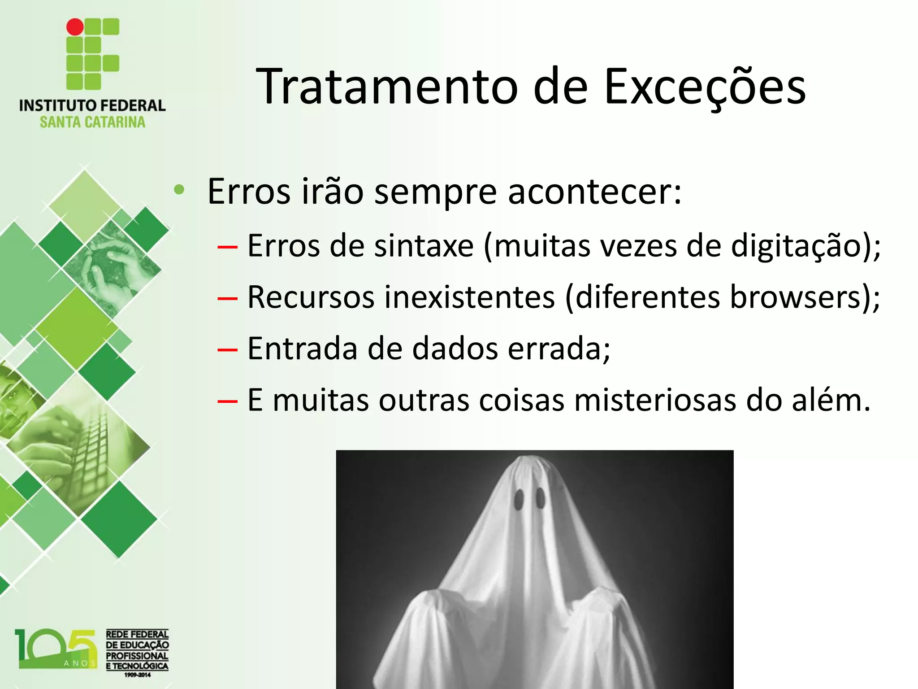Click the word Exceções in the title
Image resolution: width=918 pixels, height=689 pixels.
click(x=705, y=86)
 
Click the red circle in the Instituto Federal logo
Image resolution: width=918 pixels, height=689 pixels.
click(x=75, y=27)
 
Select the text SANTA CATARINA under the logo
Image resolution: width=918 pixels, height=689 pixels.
click(x=92, y=122)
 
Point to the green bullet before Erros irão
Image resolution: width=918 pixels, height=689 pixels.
click(x=179, y=190)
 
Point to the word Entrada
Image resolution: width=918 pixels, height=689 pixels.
click(x=302, y=349)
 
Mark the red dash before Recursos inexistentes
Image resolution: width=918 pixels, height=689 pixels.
click(x=227, y=298)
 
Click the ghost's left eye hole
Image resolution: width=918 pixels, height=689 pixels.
click(x=519, y=499)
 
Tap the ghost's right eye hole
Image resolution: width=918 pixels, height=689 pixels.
click(x=541, y=498)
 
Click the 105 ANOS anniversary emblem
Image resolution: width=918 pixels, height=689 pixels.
click(x=56, y=649)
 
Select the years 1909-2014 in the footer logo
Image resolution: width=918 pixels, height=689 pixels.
click(x=137, y=675)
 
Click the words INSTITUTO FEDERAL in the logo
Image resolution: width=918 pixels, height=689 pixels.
click(x=92, y=105)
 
